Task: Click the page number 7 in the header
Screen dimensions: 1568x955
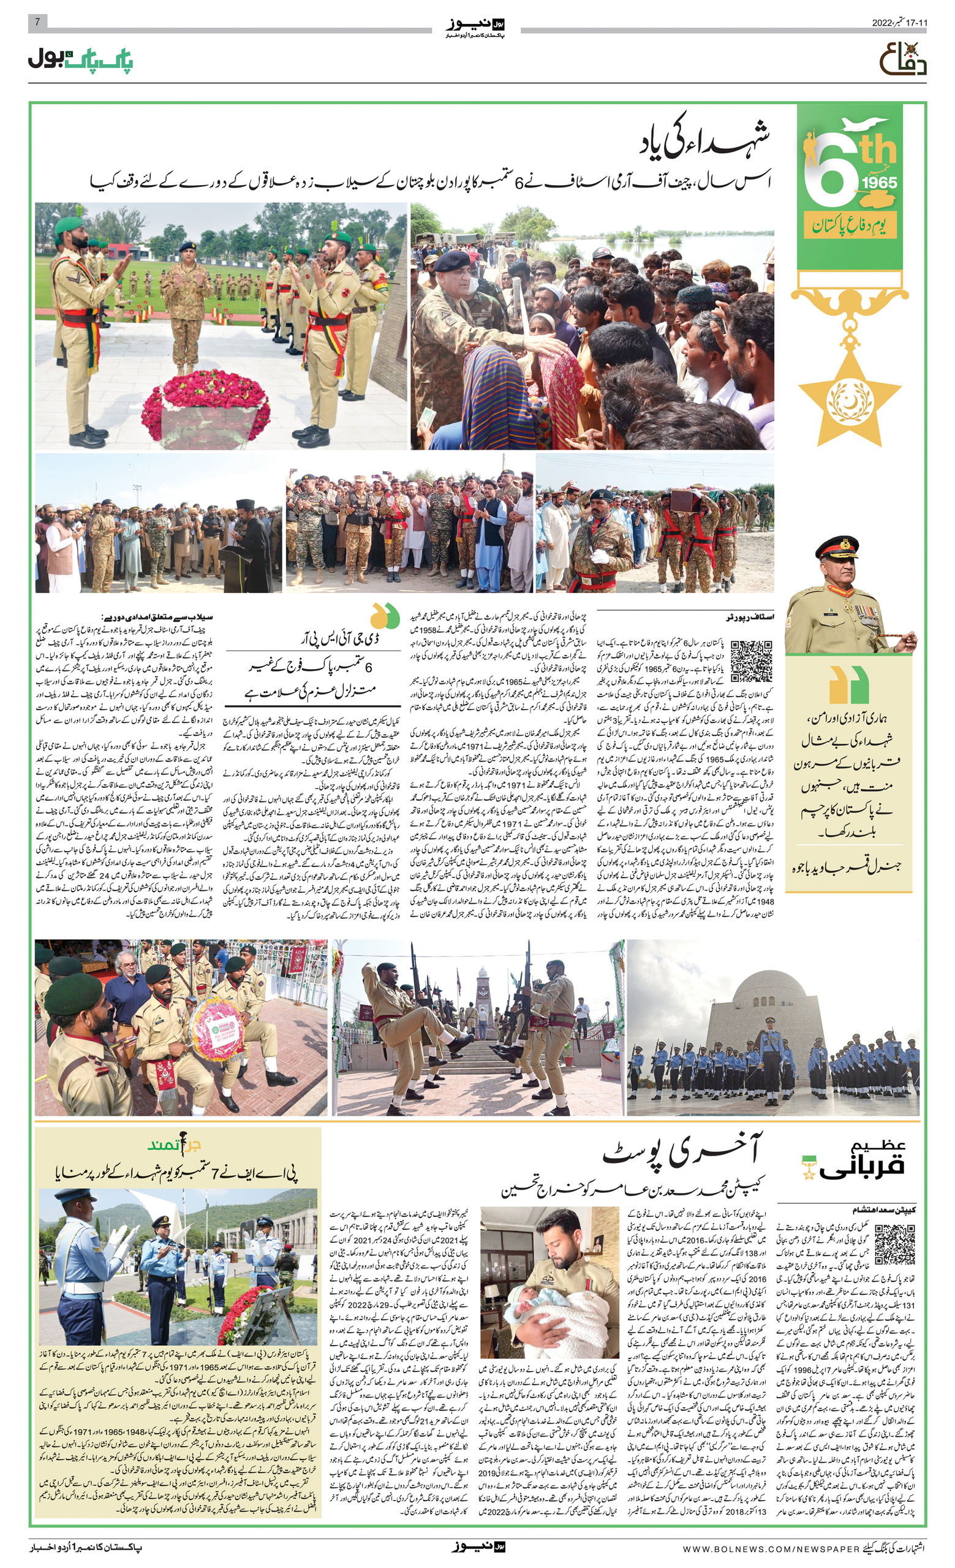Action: coord(37,22)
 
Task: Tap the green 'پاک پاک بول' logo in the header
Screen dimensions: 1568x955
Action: coord(80,60)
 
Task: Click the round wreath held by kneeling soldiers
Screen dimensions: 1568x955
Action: coord(214,1028)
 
